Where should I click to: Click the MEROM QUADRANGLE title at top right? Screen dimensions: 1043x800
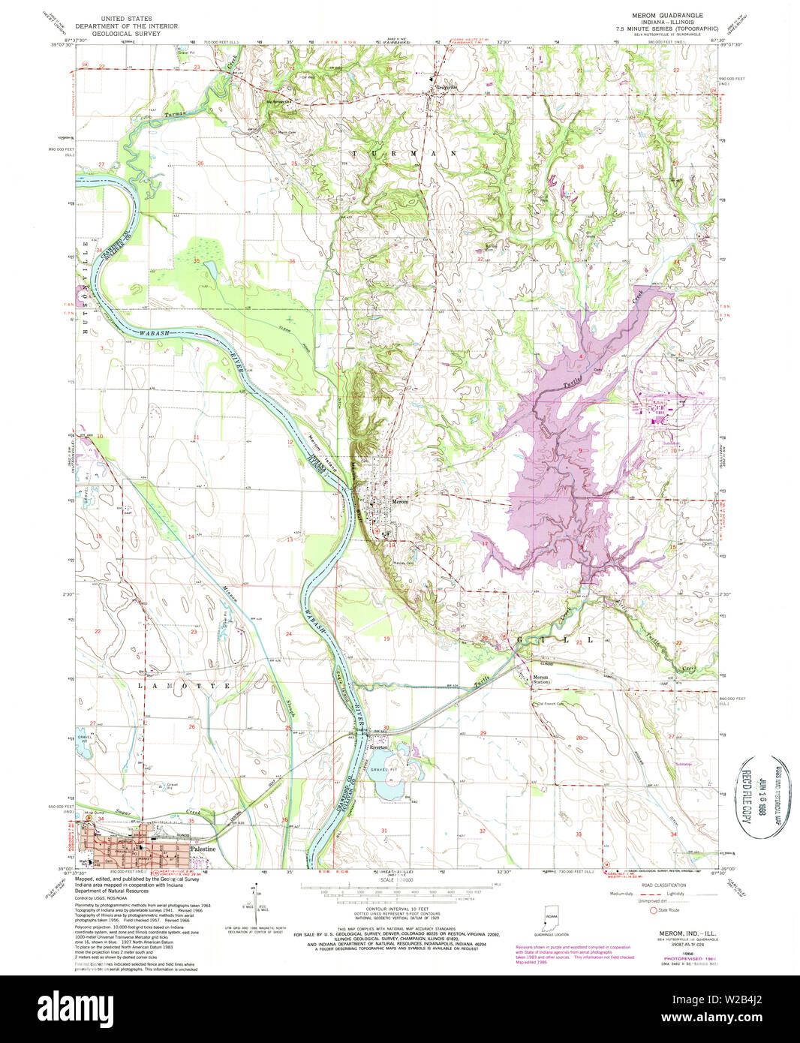tap(668, 15)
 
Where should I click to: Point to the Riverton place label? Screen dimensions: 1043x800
tap(378, 747)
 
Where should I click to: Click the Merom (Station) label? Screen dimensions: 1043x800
tap(540, 679)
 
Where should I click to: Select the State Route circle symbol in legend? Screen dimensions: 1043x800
tap(653, 910)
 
